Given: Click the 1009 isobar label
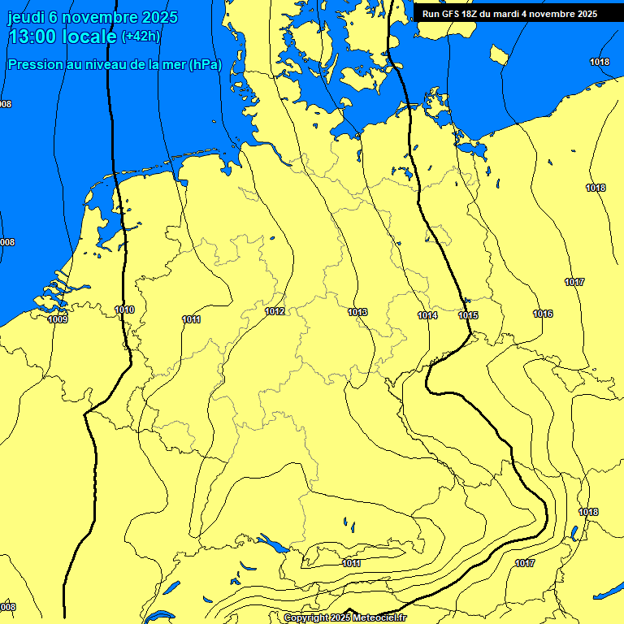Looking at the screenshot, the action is (58, 319).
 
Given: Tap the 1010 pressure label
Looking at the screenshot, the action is (124, 310).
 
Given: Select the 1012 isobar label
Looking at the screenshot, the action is (275, 311).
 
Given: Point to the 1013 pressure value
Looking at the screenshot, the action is (357, 312).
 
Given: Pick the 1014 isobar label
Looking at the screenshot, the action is (427, 315).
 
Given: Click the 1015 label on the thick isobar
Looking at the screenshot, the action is (468, 315).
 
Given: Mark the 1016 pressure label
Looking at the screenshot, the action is (543, 314).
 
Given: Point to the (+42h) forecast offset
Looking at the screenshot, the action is (141, 37).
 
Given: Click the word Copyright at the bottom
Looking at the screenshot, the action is (305, 618).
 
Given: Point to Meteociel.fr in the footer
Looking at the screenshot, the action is (380, 618).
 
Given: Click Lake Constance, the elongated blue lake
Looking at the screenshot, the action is (271, 543).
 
